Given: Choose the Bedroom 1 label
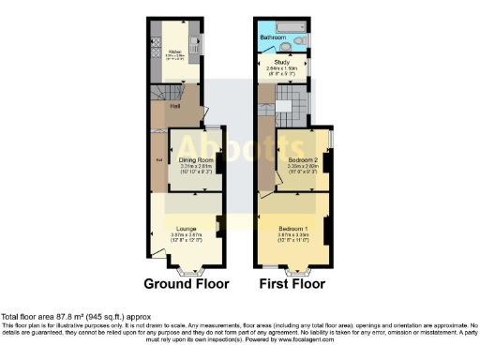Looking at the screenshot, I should coord(292,228).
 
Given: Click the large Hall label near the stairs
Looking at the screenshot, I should coord(174,106).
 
